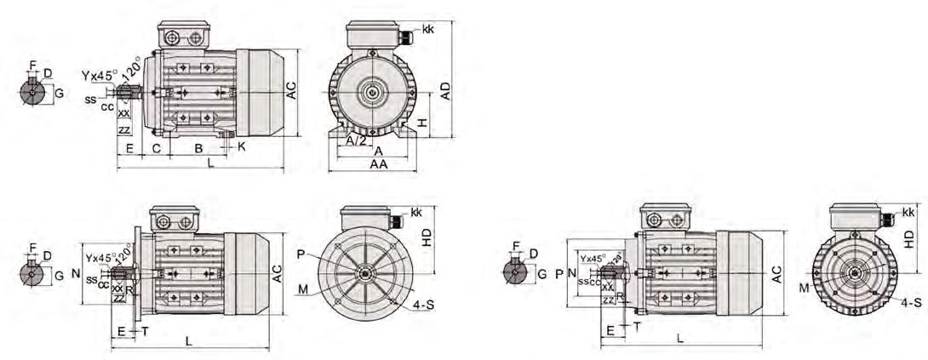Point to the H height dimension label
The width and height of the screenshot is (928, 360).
[424, 124]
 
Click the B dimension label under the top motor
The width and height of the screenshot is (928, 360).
[198, 149]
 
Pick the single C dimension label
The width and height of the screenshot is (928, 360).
[156, 149]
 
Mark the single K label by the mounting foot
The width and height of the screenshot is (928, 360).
[242, 146]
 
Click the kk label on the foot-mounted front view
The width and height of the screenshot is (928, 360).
[427, 30]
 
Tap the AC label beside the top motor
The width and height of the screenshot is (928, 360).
[291, 92]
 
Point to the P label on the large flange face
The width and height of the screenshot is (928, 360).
[301, 254]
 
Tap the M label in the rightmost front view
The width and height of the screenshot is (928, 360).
[804, 288]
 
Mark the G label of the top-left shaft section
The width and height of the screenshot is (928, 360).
[59, 92]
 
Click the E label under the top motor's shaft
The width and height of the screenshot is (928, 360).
[129, 149]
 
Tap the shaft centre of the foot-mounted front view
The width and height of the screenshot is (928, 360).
[371, 93]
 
